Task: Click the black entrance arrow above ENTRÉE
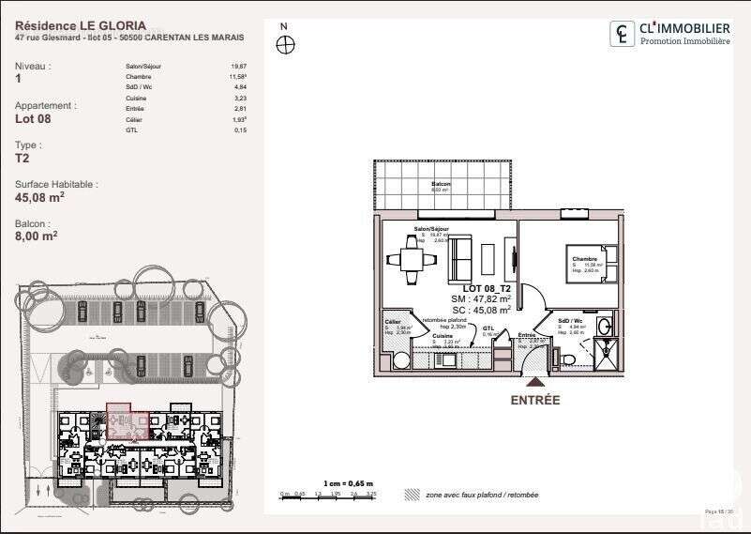[534, 381]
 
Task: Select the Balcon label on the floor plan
[441, 184]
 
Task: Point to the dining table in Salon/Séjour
[412, 258]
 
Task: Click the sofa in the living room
[461, 256]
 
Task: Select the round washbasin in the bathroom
[606, 328]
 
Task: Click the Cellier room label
[393, 321]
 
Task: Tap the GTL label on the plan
[488, 328]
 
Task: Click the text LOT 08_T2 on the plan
[487, 288]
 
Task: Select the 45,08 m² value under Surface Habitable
[39, 198]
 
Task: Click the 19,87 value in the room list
[239, 67]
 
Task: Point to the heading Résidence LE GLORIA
[68, 26]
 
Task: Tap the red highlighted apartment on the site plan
[127, 422]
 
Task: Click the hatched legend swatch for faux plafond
[411, 494]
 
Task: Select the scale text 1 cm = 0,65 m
[347, 482]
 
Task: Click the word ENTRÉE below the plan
[534, 400]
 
